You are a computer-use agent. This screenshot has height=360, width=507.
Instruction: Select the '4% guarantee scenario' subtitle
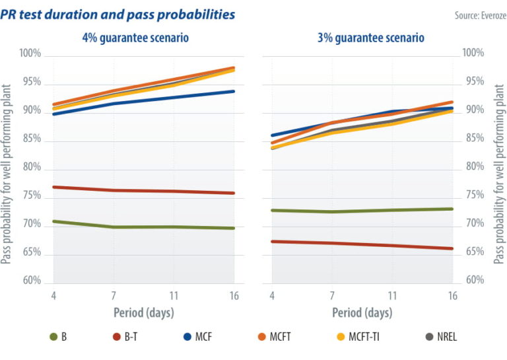coord(135,38)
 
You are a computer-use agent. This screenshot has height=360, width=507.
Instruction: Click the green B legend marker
coord(54,337)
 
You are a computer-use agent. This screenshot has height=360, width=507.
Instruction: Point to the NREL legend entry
coord(443,337)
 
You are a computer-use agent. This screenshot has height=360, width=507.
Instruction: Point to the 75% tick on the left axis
coord(32,197)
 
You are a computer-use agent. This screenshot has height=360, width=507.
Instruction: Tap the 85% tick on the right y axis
coord(473,138)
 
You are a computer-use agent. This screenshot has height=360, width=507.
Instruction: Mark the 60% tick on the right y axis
coord(473,280)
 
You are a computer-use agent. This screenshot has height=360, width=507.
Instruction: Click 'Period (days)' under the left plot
coord(143,312)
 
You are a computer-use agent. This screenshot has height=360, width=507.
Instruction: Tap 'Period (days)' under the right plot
coord(361,312)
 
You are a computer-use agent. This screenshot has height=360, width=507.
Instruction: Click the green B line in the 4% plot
coord(145,227)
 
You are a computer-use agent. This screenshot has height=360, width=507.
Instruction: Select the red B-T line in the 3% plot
coord(363,244)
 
